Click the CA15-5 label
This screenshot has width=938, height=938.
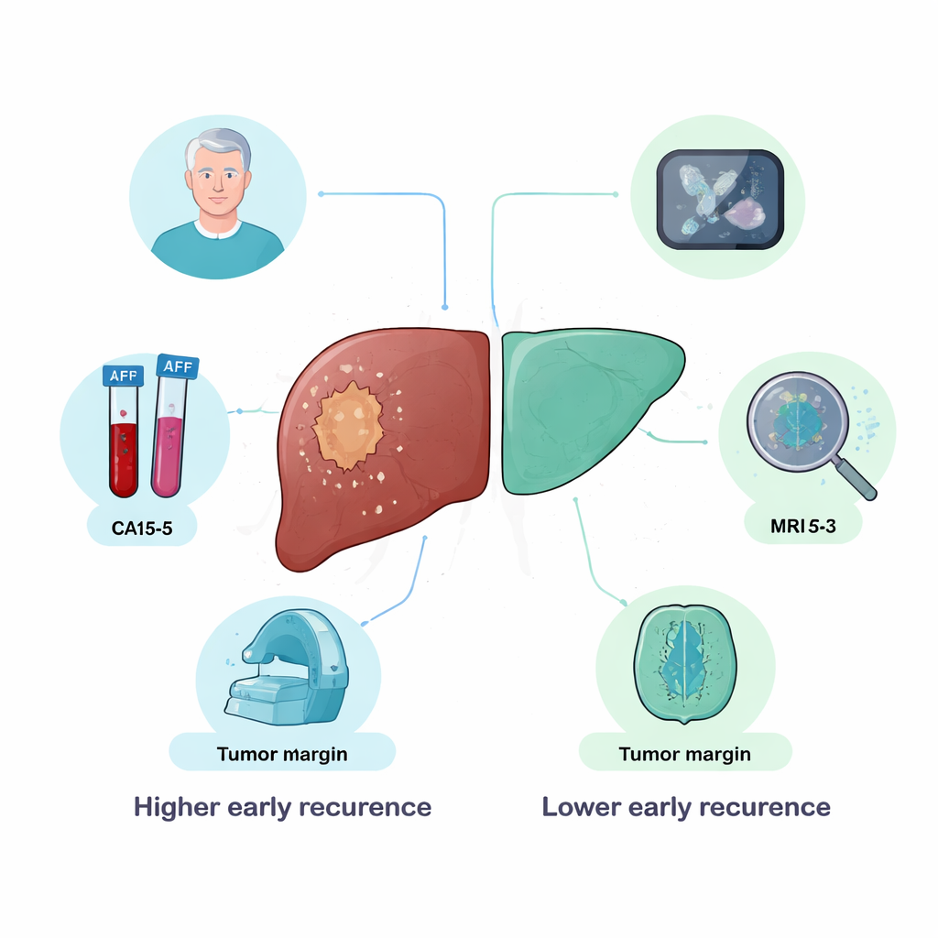click(142, 529)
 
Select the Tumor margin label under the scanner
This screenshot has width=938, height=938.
click(282, 754)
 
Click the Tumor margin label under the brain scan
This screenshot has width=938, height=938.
click(685, 754)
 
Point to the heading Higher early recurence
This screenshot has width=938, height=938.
click(282, 807)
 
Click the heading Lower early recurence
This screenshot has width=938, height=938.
click(686, 807)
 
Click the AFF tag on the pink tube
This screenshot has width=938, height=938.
click(179, 366)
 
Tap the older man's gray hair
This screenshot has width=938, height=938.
click(218, 147)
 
